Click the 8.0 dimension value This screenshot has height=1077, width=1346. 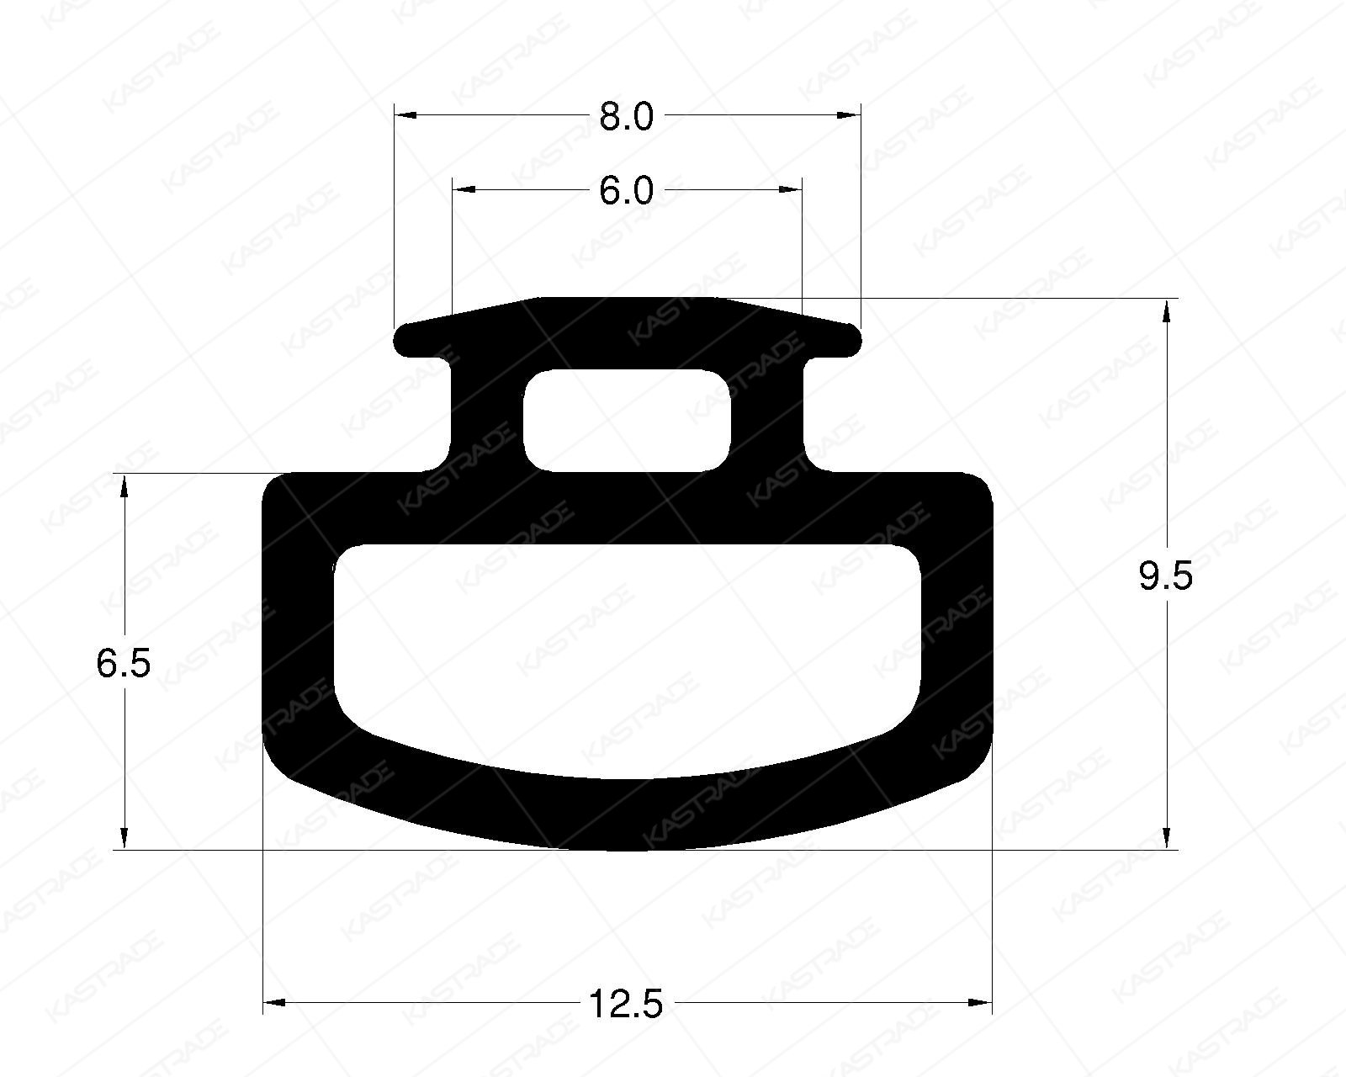tap(626, 116)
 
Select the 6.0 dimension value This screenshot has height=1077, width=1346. tap(626, 191)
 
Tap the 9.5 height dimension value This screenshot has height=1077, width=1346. tap(1165, 577)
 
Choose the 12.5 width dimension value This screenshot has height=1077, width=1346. tap(626, 1003)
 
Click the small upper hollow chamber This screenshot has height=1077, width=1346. tap(627, 420)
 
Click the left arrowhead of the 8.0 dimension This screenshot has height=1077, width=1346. tap(406, 115)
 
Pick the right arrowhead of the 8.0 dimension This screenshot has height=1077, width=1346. tap(850, 115)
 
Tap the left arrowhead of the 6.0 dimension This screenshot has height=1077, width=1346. tap(464, 190)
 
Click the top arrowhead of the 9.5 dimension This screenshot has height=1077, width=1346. tap(1166, 311)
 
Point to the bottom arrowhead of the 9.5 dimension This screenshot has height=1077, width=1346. tap(1166, 837)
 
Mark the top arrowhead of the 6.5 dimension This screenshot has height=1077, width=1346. tap(125, 486)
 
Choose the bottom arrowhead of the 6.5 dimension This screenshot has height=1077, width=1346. tap(125, 837)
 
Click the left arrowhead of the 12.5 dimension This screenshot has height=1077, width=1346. tap(275, 1002)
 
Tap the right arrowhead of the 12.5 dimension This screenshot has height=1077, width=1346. tap(981, 1002)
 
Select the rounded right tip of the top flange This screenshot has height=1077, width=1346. tap(854, 339)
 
